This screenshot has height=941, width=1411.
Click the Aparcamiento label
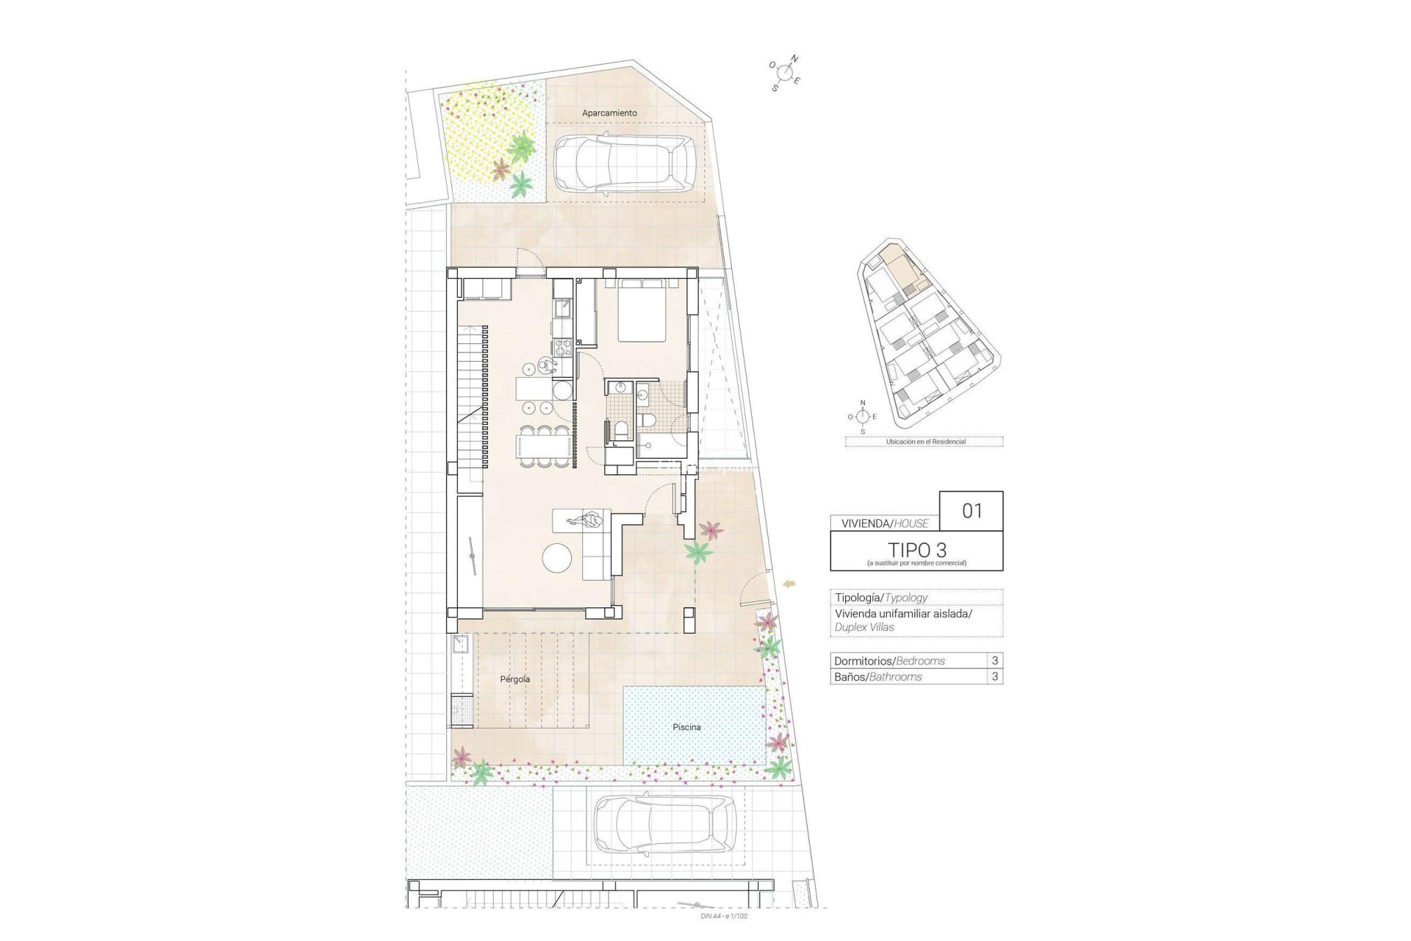[609, 113]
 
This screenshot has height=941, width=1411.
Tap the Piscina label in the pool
[686, 727]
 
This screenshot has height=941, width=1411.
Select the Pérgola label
[514, 679]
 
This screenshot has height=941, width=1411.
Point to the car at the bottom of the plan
[664, 823]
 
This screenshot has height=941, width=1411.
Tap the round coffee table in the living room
[557, 558]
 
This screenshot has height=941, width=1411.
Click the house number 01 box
[972, 511]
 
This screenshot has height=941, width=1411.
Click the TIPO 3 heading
[916, 549]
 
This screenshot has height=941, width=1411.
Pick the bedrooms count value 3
[995, 660]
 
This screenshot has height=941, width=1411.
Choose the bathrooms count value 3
[995, 676]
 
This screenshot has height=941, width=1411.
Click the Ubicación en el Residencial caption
[925, 442]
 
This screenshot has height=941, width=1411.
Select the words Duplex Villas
[864, 627]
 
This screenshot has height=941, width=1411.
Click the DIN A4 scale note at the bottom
[725, 916]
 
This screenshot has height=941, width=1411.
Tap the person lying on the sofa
[586, 522]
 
